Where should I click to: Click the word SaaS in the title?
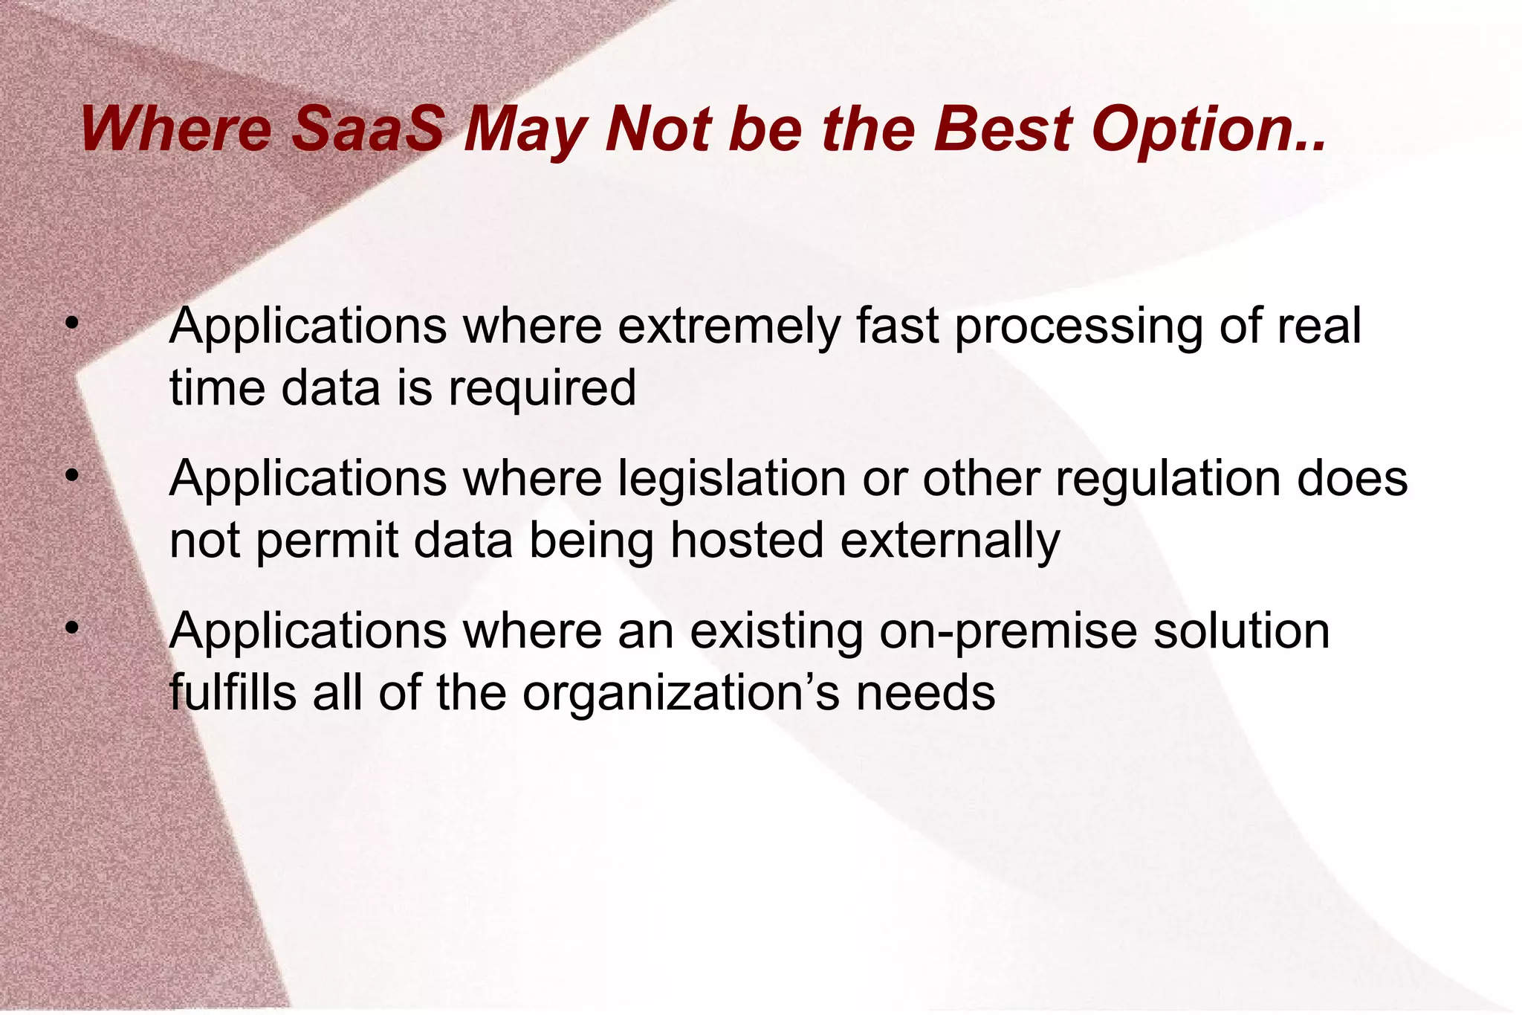366,129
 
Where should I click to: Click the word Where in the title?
176,129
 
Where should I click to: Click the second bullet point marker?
71,476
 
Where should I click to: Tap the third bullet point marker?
71,629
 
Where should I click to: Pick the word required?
542,390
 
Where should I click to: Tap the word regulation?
1168,478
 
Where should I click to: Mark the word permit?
327,541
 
